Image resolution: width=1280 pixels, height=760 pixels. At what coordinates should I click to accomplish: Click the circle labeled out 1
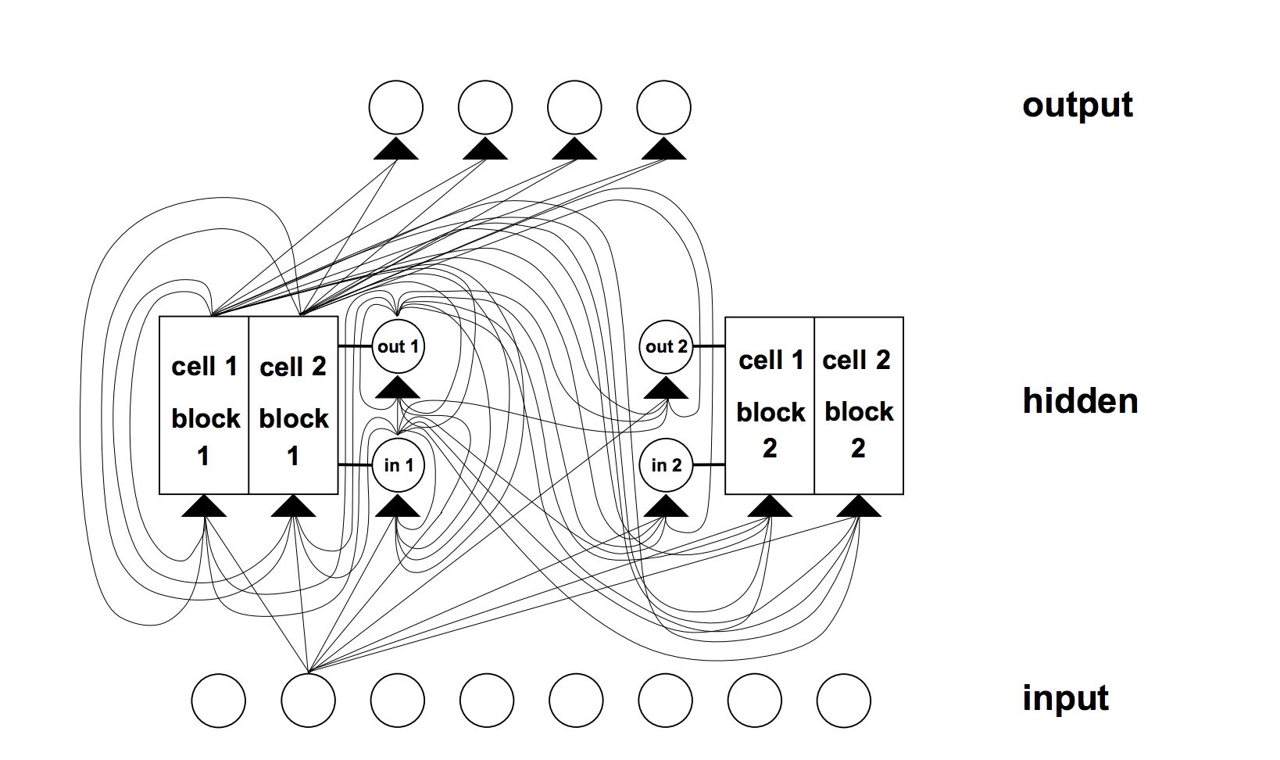coord(399,346)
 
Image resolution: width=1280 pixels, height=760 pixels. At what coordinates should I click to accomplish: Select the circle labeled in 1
coord(399,465)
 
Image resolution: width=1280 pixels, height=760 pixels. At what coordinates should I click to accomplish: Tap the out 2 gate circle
coord(666,346)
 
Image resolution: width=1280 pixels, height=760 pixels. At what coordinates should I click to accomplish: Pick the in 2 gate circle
coord(666,465)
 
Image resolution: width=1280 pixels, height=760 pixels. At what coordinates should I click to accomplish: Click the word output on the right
coord(1077,105)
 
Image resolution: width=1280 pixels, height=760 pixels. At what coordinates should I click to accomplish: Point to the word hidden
coord(1080,401)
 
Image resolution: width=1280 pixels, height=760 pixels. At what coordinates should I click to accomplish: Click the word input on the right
coord(1065,698)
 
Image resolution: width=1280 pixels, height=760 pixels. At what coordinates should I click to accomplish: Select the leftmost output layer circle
coord(396,107)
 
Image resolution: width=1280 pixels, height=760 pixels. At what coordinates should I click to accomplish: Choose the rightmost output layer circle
coord(664,107)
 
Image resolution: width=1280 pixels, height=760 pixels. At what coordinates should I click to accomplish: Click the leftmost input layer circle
coord(219,701)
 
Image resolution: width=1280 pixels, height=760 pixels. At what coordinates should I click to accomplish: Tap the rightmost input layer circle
coord(844,701)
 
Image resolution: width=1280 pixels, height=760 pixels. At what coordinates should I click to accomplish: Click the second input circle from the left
coord(308,701)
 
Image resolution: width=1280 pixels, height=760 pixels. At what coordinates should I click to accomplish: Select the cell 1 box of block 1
coord(204,405)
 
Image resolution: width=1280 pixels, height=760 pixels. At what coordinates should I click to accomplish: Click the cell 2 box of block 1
coord(294,405)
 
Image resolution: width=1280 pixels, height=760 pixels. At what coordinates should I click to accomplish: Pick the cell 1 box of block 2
coord(770,405)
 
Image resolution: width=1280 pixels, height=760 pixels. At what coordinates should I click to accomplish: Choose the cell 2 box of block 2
coord(859,405)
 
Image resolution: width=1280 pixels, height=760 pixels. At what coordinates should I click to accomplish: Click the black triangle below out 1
coord(399,389)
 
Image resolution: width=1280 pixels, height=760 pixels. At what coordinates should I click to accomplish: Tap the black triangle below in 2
coord(666,507)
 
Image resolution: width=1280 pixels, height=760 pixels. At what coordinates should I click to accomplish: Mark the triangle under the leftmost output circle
coord(396,149)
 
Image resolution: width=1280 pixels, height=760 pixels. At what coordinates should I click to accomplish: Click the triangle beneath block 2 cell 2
coord(859,507)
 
